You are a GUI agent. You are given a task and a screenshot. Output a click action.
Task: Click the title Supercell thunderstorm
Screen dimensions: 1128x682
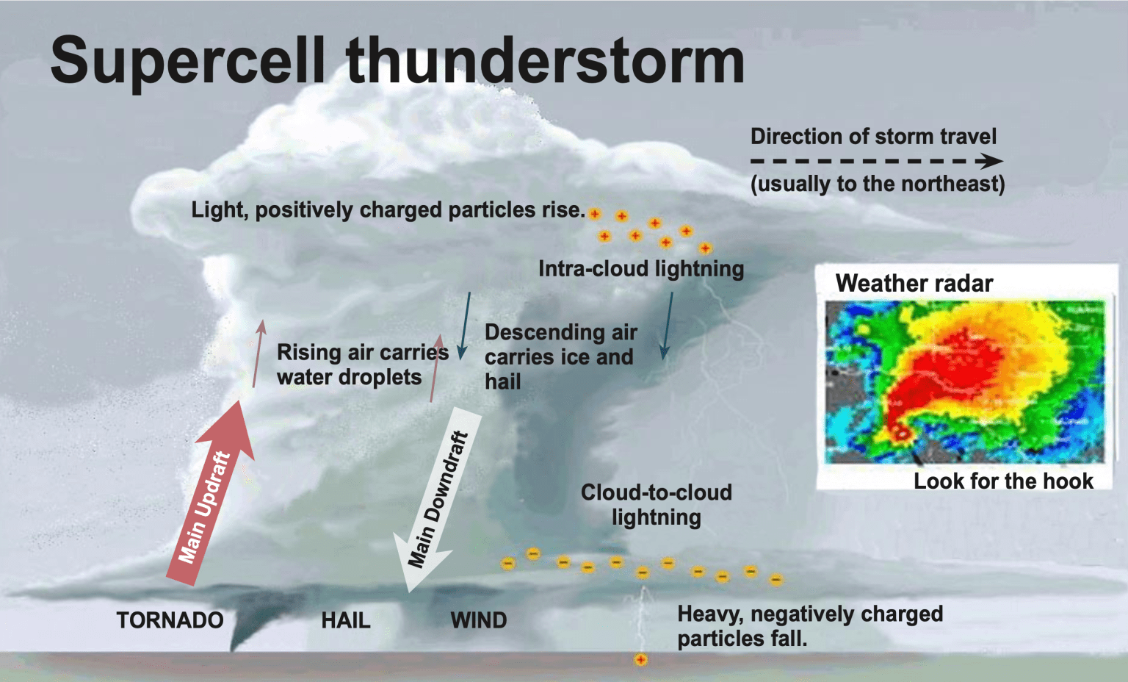point(397,62)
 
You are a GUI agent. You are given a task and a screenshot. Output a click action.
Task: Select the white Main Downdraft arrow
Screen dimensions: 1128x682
point(437,500)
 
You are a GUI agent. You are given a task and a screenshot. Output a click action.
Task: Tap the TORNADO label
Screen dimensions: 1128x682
point(170,620)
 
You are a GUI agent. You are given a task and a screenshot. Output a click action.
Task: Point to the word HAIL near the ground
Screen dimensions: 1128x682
point(346,620)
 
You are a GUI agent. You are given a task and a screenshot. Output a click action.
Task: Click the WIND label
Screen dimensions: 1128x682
point(479,620)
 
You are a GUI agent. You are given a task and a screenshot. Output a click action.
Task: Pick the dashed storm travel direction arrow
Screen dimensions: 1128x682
point(877,161)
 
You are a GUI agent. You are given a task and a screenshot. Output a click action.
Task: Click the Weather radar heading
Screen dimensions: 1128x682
point(914,283)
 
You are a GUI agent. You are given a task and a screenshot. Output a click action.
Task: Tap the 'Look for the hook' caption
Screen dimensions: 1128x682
point(1004,481)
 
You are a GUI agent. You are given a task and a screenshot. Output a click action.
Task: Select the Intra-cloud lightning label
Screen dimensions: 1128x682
point(641,269)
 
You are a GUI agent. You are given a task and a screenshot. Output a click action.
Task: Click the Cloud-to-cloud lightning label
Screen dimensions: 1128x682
point(656,505)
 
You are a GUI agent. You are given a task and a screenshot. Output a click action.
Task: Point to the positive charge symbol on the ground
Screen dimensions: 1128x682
point(640,660)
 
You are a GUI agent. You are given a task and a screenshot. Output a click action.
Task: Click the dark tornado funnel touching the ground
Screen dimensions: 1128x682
point(247,622)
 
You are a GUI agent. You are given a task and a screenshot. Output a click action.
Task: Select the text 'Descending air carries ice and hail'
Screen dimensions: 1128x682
point(561,357)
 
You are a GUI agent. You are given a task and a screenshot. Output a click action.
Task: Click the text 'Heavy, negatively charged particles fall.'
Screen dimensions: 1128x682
point(810,627)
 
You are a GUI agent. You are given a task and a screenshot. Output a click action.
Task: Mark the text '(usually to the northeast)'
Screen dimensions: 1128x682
point(878,184)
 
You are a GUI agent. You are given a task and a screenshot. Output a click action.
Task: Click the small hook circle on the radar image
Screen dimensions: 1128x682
point(900,432)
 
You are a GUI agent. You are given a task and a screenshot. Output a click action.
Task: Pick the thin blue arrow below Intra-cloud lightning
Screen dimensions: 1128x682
point(667,326)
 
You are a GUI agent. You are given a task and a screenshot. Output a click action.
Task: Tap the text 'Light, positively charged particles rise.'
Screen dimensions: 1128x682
point(388,209)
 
